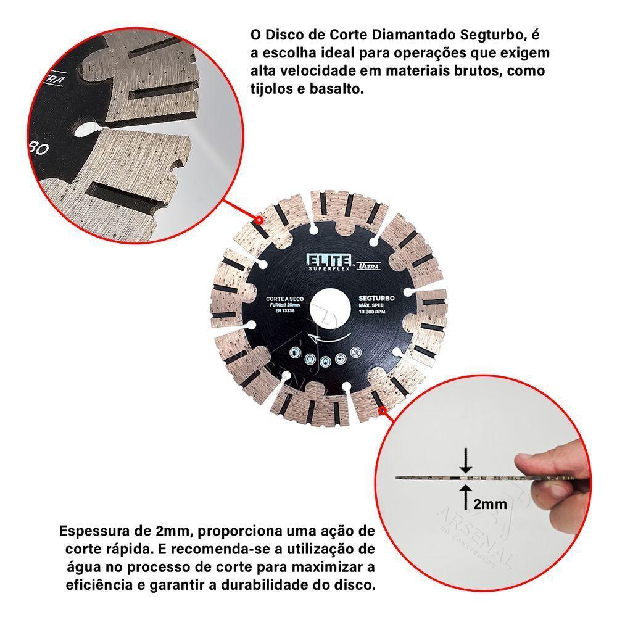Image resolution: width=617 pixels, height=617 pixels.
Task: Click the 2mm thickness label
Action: [491, 505]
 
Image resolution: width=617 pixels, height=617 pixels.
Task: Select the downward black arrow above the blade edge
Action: [467, 462]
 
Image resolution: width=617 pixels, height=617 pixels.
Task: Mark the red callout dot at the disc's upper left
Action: [259, 219]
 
